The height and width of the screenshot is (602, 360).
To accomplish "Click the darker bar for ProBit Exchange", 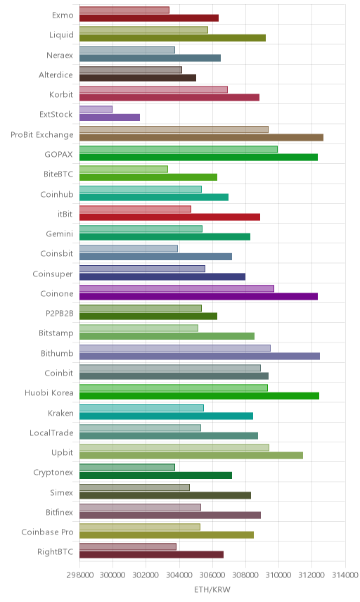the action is [x=202, y=137].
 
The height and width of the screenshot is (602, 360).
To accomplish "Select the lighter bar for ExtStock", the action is [x=96, y=110].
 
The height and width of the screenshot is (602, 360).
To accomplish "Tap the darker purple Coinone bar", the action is [x=199, y=296].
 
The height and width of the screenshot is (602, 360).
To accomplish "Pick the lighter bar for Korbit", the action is [x=153, y=89].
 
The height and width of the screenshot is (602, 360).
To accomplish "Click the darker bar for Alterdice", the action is [x=138, y=78].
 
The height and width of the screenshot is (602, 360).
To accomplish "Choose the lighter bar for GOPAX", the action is [x=179, y=149].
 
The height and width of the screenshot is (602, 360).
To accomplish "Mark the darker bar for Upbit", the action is [x=191, y=455].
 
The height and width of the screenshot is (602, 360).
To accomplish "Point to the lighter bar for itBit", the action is [x=136, y=209].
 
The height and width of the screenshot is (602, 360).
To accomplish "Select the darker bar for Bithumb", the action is [x=200, y=357].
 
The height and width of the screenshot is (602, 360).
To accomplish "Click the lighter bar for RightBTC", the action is [x=128, y=546].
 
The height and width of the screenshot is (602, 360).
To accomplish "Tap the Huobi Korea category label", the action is [x=49, y=392].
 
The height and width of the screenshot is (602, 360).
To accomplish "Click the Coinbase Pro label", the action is [x=47, y=532].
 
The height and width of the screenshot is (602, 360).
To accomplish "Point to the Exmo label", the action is [x=63, y=15].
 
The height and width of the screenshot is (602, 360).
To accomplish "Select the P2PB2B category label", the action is [x=60, y=313].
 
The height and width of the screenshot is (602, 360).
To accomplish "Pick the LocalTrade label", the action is [x=51, y=433].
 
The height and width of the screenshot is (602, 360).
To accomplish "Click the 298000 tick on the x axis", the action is [x=80, y=575].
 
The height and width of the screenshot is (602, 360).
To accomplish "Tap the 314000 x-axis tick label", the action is [x=345, y=575].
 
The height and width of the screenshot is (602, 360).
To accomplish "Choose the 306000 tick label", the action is [x=212, y=575].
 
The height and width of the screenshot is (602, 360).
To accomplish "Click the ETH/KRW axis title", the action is [x=212, y=590].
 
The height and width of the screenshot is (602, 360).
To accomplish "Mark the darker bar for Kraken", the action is [x=166, y=416].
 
